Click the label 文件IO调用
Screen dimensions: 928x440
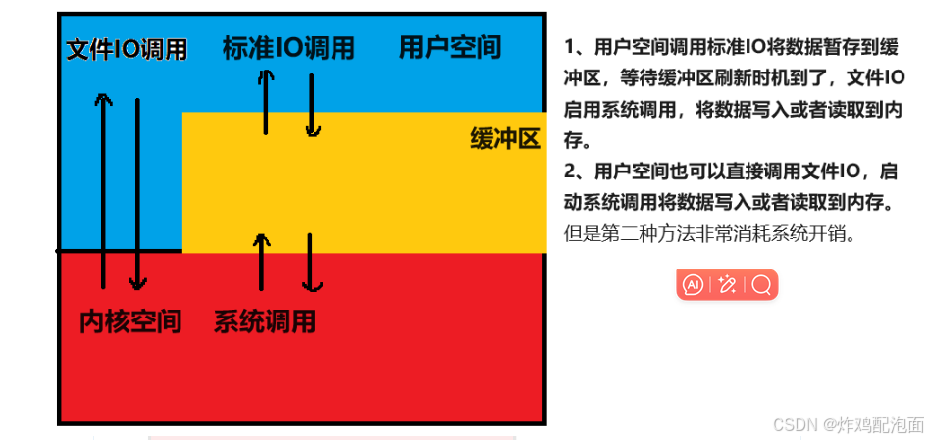(x=126, y=50)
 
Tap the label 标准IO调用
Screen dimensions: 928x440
(x=288, y=48)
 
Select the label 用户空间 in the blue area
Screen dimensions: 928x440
(x=450, y=46)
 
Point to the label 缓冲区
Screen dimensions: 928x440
(x=505, y=139)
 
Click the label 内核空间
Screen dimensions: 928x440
(x=130, y=321)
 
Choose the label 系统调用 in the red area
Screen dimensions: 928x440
(x=265, y=321)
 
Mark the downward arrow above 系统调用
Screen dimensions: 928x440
(x=311, y=263)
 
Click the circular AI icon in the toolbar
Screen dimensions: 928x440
(x=694, y=285)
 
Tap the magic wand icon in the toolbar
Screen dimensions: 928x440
(x=727, y=285)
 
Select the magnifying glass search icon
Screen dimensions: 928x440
(x=761, y=285)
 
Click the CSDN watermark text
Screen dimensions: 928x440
(x=849, y=424)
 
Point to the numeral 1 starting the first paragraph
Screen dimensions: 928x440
(x=570, y=47)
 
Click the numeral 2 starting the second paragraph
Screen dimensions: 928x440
(x=570, y=172)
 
